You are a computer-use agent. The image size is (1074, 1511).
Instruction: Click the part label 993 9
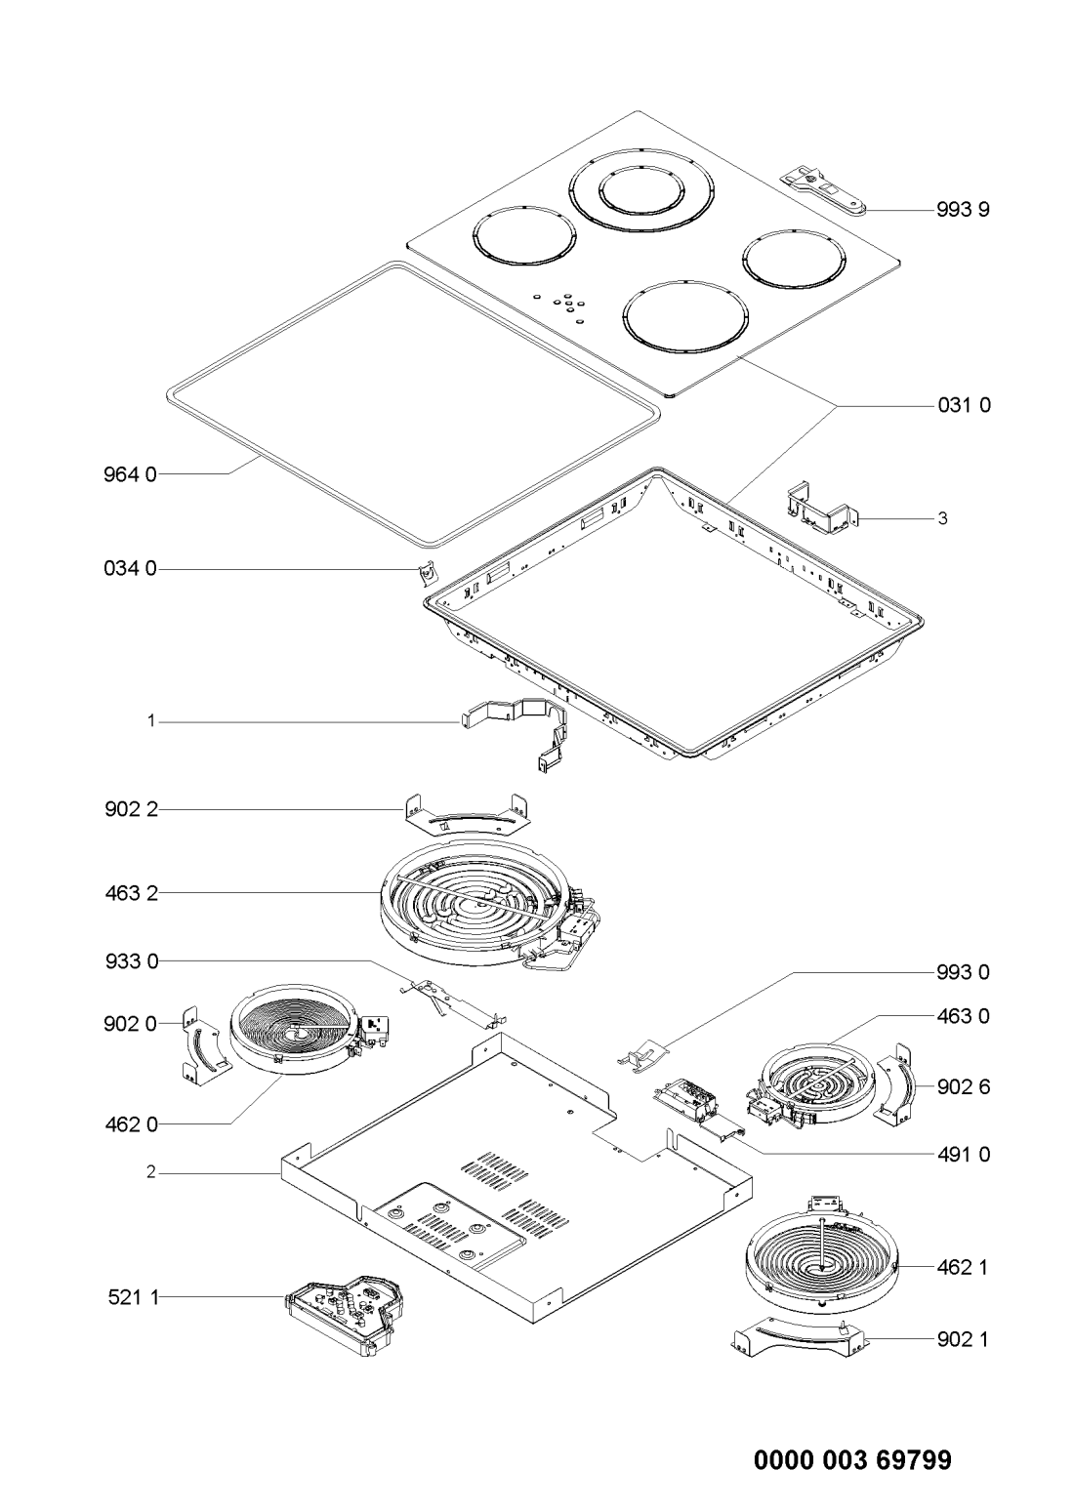coord(963,210)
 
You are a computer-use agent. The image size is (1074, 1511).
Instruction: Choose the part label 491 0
coord(963,1154)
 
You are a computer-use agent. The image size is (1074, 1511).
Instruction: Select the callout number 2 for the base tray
coord(151,1172)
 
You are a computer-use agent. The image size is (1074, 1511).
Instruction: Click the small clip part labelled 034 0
coord(427,572)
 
